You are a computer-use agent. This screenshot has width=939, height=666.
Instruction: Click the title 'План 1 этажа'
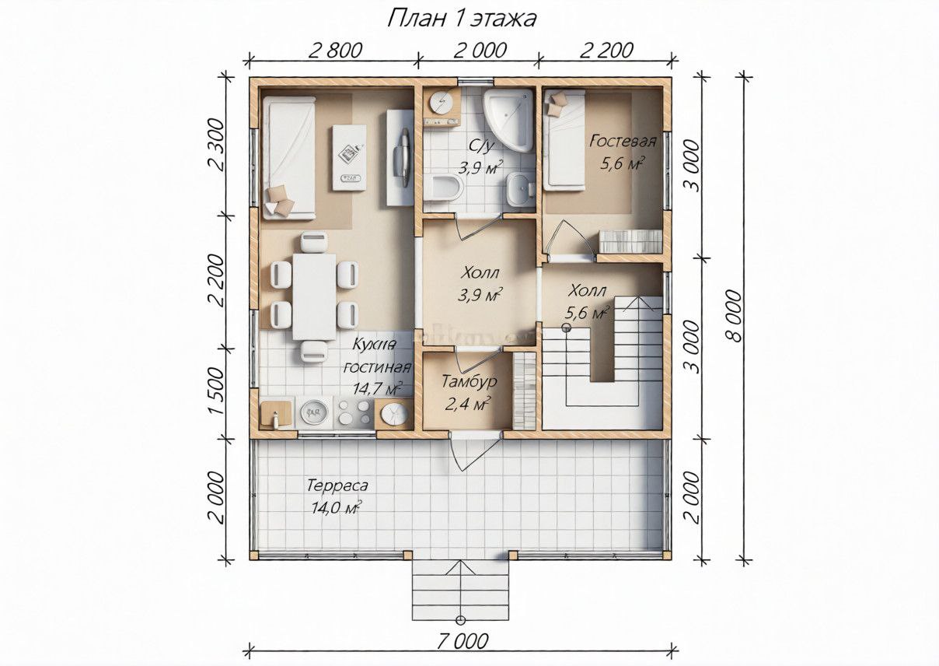pos(462,19)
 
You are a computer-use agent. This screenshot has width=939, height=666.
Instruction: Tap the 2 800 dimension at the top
pos(335,51)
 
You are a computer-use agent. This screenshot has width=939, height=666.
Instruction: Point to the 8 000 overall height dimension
pos(734,316)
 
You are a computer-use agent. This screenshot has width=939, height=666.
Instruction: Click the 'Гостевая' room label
pos(623,141)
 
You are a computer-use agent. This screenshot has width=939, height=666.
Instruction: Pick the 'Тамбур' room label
pos(469,381)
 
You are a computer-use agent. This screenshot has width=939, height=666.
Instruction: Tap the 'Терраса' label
pos(337,486)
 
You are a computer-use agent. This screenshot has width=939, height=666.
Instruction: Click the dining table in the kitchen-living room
pos(314,296)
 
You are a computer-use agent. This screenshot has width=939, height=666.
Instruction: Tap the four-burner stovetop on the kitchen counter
pos(354,412)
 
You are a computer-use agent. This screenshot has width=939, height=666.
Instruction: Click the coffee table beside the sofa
pos(349,158)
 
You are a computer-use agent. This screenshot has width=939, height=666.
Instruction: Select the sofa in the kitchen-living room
pos(289,158)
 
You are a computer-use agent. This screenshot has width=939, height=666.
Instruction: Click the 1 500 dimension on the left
pos(217,391)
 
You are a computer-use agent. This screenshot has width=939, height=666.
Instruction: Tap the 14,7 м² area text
pos(377,388)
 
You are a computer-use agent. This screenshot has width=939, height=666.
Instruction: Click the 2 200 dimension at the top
pos(606,51)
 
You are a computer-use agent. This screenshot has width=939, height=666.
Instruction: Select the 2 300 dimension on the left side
pos(217,144)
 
